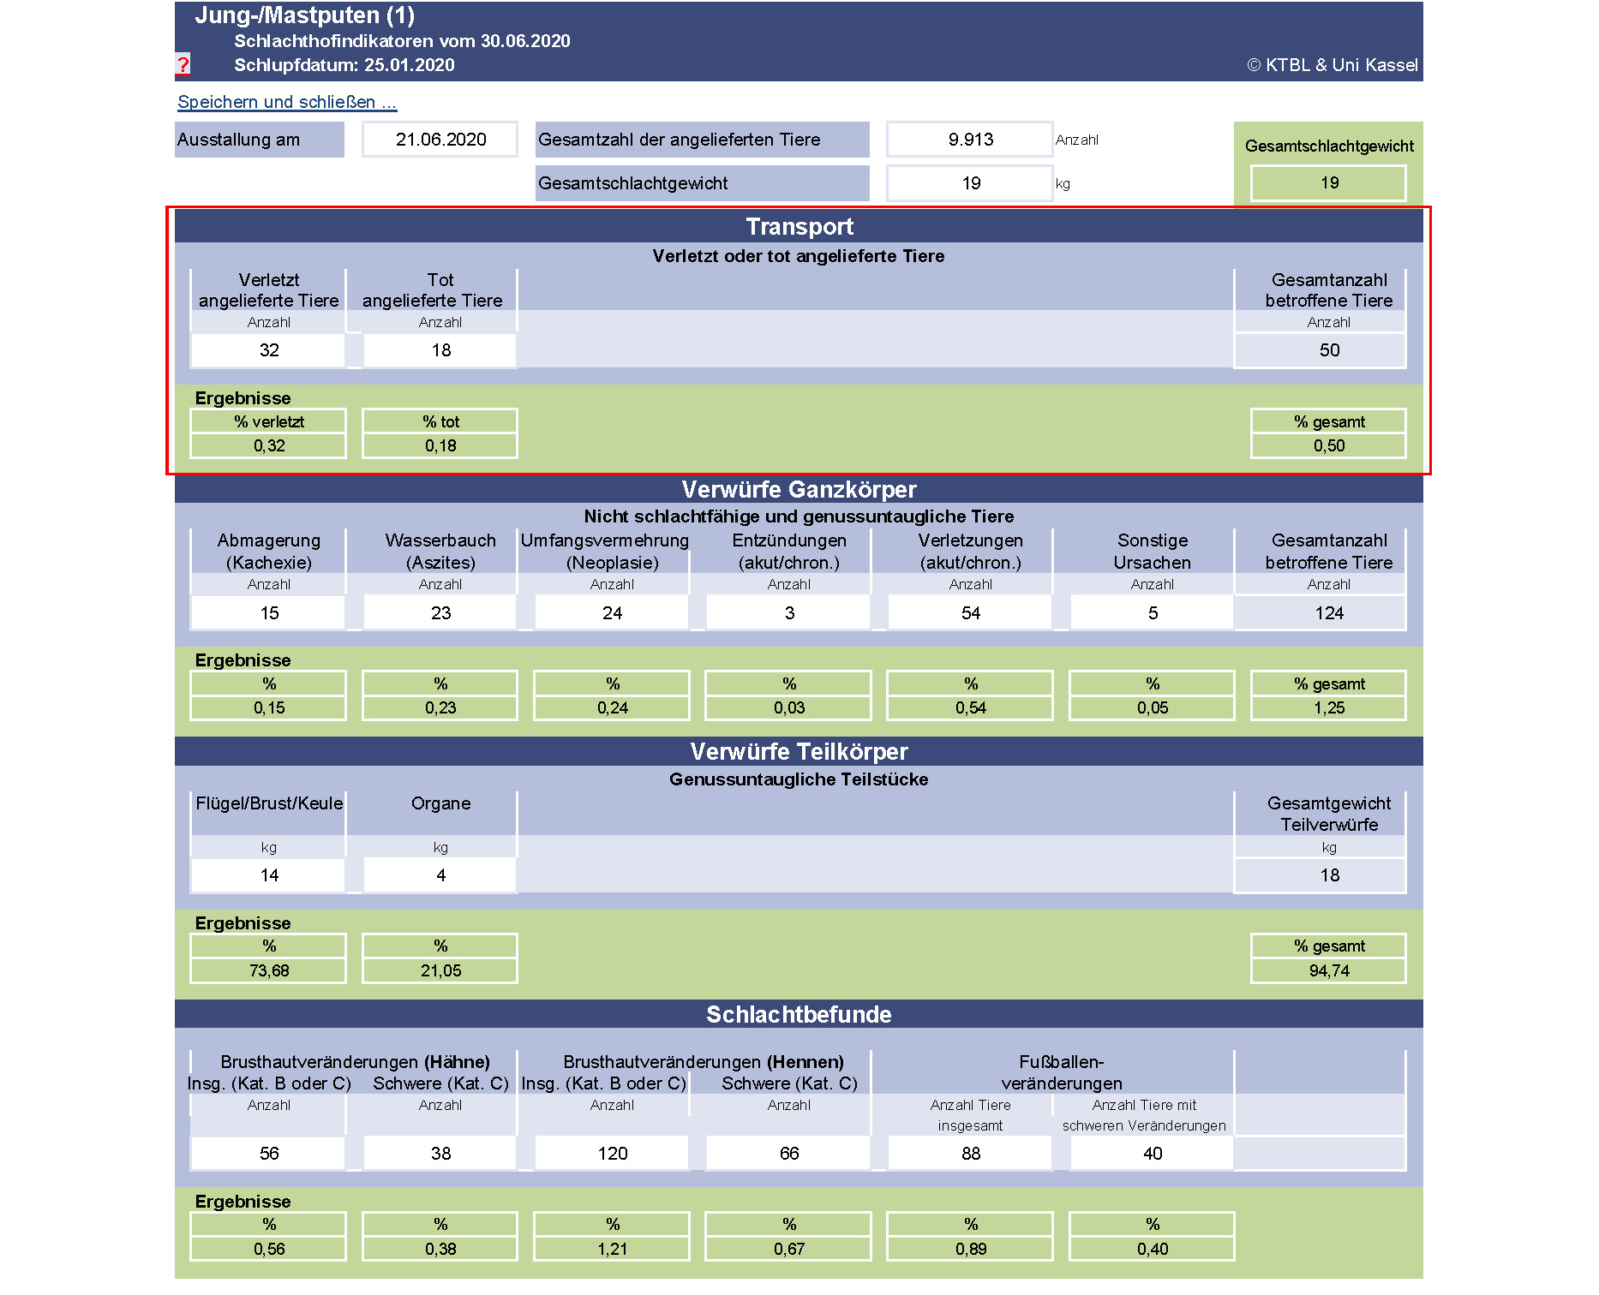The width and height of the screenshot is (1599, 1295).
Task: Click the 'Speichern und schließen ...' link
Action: [x=286, y=102]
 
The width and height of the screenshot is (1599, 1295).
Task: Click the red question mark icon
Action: [x=183, y=64]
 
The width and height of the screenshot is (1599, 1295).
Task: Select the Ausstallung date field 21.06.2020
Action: [x=440, y=140]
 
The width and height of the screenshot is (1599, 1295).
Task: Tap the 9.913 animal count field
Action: [x=970, y=140]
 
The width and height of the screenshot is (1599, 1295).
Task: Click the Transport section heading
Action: [x=799, y=226]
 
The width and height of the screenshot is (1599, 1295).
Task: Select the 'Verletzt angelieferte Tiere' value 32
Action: [x=269, y=350]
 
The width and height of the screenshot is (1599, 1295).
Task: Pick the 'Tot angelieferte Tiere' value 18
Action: [x=440, y=350]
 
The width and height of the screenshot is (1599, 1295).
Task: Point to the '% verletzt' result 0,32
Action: [x=269, y=445]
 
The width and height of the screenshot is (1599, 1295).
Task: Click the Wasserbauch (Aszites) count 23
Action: [x=440, y=613]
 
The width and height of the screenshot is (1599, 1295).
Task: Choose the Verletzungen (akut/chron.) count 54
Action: [x=970, y=613]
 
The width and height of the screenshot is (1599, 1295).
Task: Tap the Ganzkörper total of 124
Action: [x=1328, y=613]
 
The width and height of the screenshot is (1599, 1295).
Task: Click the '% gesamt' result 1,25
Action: [x=1328, y=707]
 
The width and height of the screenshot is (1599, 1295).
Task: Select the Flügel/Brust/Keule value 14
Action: [x=269, y=875]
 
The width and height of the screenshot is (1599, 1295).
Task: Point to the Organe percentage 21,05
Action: [x=440, y=970]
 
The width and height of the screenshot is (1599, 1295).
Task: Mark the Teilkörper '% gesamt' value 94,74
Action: [x=1328, y=970]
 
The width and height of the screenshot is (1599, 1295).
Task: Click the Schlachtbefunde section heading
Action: [x=799, y=1014]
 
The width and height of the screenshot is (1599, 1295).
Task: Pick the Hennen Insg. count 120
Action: [x=612, y=1154]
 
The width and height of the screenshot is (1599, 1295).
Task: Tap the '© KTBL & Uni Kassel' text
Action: [x=1332, y=65]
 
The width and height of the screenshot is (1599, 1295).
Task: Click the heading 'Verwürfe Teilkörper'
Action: [x=799, y=751]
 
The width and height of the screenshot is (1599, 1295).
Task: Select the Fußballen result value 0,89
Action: [x=970, y=1249]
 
